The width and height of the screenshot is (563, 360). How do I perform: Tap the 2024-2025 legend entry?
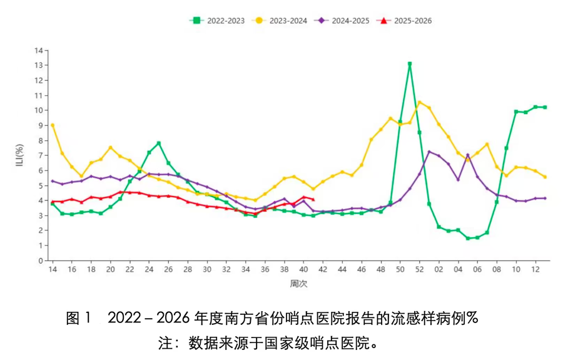[344, 21]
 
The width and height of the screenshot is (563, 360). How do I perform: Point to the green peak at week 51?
[410, 64]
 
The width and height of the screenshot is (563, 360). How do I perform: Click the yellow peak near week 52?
[419, 102]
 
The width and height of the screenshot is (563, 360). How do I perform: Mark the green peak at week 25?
[159, 143]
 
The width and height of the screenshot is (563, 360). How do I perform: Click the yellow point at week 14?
[53, 125]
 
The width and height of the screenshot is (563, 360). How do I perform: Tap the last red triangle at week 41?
[313, 200]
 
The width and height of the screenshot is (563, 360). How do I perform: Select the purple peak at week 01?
[429, 152]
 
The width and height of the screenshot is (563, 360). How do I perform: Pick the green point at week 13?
[545, 107]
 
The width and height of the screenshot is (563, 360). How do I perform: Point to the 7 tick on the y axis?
[41, 155]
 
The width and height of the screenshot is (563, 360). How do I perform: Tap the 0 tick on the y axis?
[41, 260]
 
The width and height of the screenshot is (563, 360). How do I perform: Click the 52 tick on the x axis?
[419, 269]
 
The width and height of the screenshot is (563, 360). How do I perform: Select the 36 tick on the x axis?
[265, 269]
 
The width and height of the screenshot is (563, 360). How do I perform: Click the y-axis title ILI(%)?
[19, 156]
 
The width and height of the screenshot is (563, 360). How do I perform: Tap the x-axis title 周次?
[298, 284]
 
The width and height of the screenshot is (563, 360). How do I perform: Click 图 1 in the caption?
[79, 318]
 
